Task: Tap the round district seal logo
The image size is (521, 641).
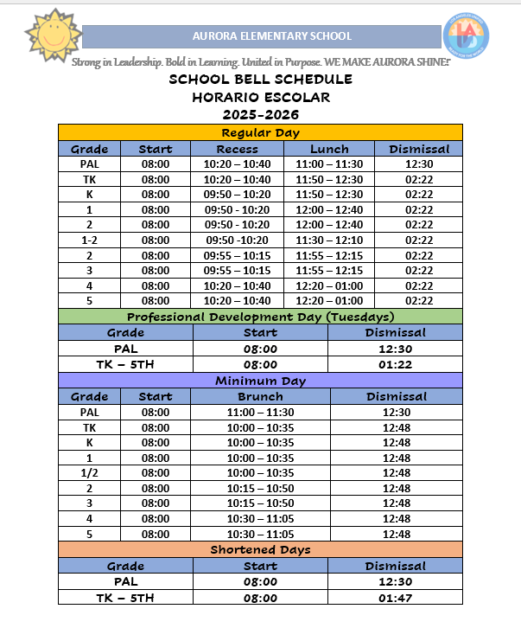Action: pyautogui.click(x=466, y=35)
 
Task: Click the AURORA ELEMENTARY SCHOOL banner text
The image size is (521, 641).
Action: pyautogui.click(x=272, y=36)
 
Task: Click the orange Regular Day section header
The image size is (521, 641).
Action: pyautogui.click(x=260, y=132)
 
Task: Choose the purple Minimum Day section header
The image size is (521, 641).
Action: pyautogui.click(x=260, y=381)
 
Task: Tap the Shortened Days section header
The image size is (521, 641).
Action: pyautogui.click(x=260, y=549)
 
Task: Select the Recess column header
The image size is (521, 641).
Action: pyautogui.click(x=237, y=149)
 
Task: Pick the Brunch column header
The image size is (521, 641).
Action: pyautogui.click(x=260, y=396)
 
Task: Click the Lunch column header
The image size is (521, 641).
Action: pyautogui.click(x=329, y=149)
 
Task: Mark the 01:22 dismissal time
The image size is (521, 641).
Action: pyautogui.click(x=395, y=365)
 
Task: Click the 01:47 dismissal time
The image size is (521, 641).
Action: pyautogui.click(x=395, y=598)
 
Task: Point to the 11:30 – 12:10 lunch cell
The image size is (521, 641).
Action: pyautogui.click(x=329, y=240)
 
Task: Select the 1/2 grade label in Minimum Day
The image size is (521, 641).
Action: pyautogui.click(x=89, y=472)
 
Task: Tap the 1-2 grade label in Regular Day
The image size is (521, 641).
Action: pyautogui.click(x=89, y=240)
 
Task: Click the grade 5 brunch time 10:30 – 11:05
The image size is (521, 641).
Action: pyautogui.click(x=260, y=534)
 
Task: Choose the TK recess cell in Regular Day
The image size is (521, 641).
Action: pyautogui.click(x=237, y=179)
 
